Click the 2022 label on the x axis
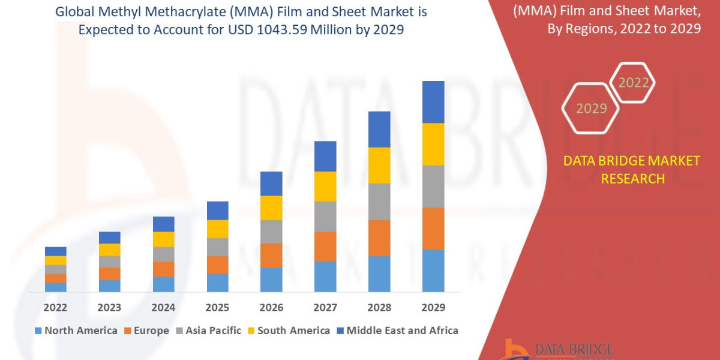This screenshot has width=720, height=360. tap(55, 307)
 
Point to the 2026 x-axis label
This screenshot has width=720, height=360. tap(271, 307)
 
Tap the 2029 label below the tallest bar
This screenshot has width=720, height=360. tap(433, 307)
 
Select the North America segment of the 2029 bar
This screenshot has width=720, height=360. tap(433, 271)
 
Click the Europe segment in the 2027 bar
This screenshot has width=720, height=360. tap(325, 247)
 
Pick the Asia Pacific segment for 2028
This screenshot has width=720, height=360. tap(379, 202)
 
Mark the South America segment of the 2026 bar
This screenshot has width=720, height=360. tap(271, 208)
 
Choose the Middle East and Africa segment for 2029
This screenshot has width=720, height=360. tap(433, 102)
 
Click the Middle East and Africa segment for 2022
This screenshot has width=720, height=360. tap(55, 251)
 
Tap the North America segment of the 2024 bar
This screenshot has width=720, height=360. tap(163, 284)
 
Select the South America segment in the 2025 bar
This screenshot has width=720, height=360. tap(217, 229)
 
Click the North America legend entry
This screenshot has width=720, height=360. tap(76, 331)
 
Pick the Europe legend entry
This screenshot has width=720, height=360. tap(148, 331)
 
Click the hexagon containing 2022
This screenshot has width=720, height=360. tap(633, 83)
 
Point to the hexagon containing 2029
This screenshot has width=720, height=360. tap(592, 109)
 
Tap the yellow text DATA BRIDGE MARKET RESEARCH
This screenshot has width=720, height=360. tap(632, 169)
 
